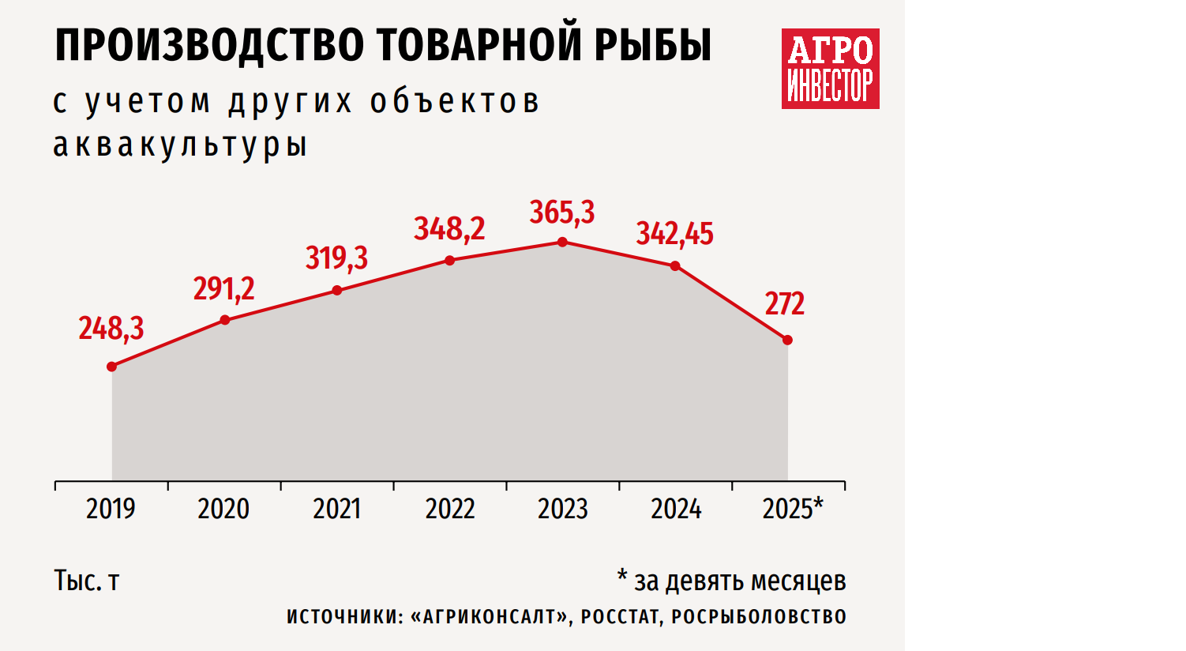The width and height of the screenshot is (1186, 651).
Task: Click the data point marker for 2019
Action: point(112,367)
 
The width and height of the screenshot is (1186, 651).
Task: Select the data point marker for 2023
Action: point(563,242)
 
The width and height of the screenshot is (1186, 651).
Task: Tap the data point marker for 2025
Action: point(787,340)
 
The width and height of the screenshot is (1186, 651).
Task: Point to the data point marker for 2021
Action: point(337,290)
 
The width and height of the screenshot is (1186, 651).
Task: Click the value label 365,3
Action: point(562,213)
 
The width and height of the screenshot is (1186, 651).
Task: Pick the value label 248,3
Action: point(111,328)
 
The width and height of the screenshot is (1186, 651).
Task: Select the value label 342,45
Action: point(675,234)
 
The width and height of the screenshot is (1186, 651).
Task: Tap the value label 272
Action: point(785,304)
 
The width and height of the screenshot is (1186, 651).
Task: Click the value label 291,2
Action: point(224,289)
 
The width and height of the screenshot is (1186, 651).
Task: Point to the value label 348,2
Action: point(449,229)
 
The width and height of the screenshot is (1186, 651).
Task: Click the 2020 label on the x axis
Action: point(223,509)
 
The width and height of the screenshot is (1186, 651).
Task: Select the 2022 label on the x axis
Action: point(450,509)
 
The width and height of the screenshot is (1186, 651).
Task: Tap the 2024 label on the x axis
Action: point(676,509)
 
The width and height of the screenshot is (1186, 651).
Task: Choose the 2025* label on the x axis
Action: point(793,509)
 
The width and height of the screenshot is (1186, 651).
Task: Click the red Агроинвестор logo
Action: point(831,69)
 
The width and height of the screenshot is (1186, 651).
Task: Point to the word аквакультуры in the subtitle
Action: point(180,145)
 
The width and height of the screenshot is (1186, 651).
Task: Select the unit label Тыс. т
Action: point(87,581)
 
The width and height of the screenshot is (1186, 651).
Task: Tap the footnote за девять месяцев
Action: point(740,581)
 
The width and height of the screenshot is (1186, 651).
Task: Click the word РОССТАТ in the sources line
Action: point(620,617)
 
